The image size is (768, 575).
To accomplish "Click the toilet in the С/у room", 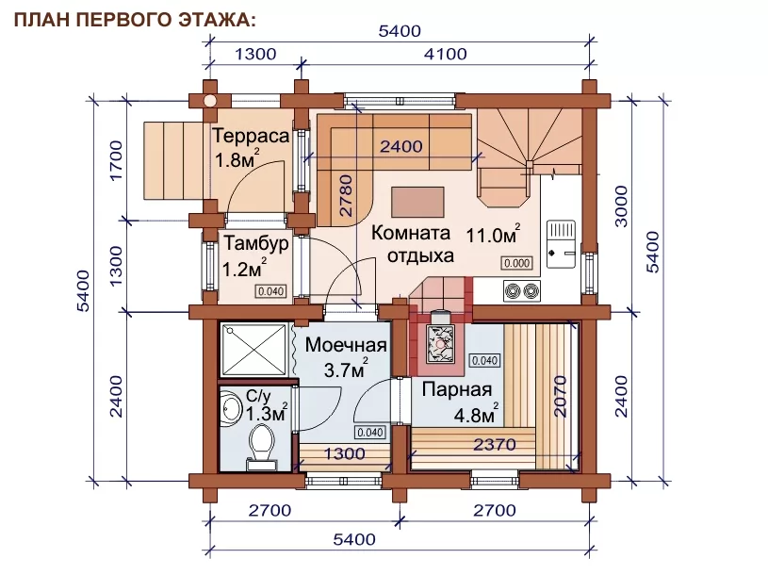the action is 262,446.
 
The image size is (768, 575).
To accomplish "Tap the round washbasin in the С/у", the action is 230,407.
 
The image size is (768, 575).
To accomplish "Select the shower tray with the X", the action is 253,348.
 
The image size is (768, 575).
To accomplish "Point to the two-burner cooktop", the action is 522,291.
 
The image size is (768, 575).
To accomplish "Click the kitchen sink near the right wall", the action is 562,244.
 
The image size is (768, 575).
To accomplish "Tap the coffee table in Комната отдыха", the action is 417,202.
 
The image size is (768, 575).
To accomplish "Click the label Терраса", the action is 251,136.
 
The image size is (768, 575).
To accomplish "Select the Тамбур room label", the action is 255,244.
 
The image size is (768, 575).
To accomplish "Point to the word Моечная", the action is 346,345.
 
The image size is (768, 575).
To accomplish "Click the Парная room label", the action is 456,390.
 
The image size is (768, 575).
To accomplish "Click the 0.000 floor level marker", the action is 516,264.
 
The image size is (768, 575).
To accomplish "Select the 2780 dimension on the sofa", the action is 346,195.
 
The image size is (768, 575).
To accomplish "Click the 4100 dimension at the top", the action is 445,54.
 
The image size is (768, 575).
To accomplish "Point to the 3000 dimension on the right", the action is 621,206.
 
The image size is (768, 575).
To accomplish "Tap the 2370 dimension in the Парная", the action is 494,445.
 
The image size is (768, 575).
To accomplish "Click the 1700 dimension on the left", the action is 116,160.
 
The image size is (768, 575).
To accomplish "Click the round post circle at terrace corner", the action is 209,101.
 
